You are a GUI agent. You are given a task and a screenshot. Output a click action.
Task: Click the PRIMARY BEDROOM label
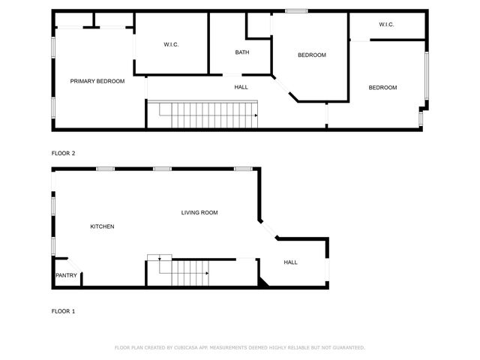(97, 81)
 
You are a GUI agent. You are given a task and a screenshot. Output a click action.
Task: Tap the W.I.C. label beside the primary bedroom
(171, 45)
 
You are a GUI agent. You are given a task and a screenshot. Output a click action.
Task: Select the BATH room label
(241, 52)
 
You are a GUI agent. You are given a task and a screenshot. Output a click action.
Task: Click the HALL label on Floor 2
(241, 87)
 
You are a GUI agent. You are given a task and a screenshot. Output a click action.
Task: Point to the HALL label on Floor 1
(290, 262)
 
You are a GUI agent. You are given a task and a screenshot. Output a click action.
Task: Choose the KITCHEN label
(102, 226)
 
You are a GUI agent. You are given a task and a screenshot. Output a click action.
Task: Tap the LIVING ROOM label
(199, 213)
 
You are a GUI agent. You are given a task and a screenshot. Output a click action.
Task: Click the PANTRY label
(65, 275)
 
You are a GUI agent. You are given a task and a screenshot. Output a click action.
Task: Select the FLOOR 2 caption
(63, 153)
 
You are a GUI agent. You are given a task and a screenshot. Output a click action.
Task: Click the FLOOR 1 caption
(63, 311)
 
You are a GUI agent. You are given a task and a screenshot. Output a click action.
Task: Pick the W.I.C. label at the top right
(386, 25)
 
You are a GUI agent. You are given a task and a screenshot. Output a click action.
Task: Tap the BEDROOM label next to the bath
(311, 55)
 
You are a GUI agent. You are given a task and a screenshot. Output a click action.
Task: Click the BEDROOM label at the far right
(382, 88)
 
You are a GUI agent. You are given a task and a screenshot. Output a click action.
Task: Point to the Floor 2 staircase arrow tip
(256, 115)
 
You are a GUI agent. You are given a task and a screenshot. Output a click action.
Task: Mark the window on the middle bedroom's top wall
(296, 10)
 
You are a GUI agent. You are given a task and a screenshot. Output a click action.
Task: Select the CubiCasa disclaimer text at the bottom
(239, 348)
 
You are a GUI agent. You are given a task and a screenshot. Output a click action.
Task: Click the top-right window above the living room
(242, 169)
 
